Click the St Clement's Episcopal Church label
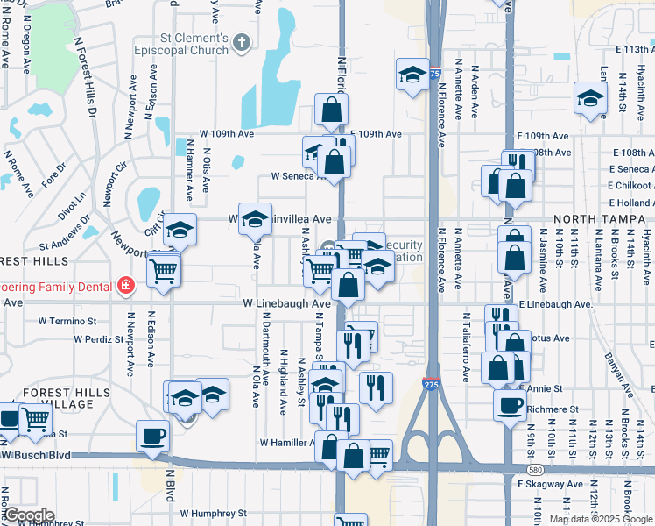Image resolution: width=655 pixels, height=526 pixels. pos(180,45)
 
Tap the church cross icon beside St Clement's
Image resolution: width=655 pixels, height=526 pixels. pos(243,41)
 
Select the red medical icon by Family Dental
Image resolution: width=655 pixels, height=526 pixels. pos(126,287)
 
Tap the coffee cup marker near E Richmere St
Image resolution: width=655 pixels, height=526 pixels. pos(510,405)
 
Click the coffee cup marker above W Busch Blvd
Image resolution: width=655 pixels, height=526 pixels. pos(152,436)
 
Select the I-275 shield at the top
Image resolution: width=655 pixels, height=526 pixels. pos(434,75)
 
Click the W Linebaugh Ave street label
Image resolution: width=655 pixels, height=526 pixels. pos(286,303)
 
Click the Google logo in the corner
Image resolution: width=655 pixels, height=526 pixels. pos(28,515)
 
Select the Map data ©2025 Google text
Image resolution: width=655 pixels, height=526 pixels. pos(600,519)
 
